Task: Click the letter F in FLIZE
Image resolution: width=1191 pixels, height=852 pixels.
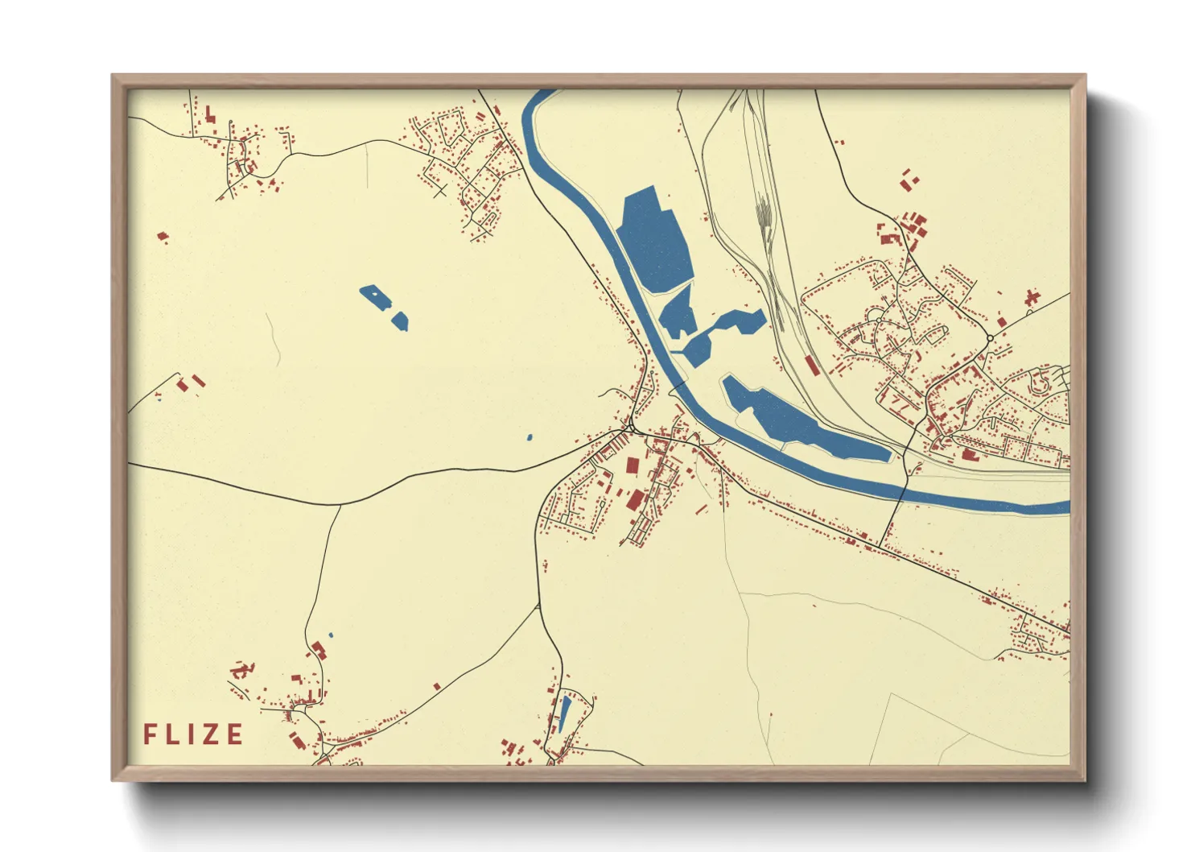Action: pos(150,734)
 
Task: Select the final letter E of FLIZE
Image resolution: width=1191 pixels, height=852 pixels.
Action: pos(235,734)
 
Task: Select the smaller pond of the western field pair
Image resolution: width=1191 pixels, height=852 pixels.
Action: pos(400,321)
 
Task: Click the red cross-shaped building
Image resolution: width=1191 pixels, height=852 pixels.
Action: pos(1032,299)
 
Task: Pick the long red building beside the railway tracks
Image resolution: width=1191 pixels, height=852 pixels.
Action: pos(811,365)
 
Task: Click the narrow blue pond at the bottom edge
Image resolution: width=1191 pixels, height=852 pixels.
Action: pos(565,712)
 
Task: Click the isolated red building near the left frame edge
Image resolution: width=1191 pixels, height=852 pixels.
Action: pos(163,237)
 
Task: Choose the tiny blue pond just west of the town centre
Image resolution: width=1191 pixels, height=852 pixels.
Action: pos(530,437)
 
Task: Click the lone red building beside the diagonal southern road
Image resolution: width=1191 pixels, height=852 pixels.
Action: pos(437,686)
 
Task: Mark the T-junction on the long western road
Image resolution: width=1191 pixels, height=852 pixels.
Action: pos(340,505)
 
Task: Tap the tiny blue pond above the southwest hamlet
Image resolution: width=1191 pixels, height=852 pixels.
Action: pos(331,635)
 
